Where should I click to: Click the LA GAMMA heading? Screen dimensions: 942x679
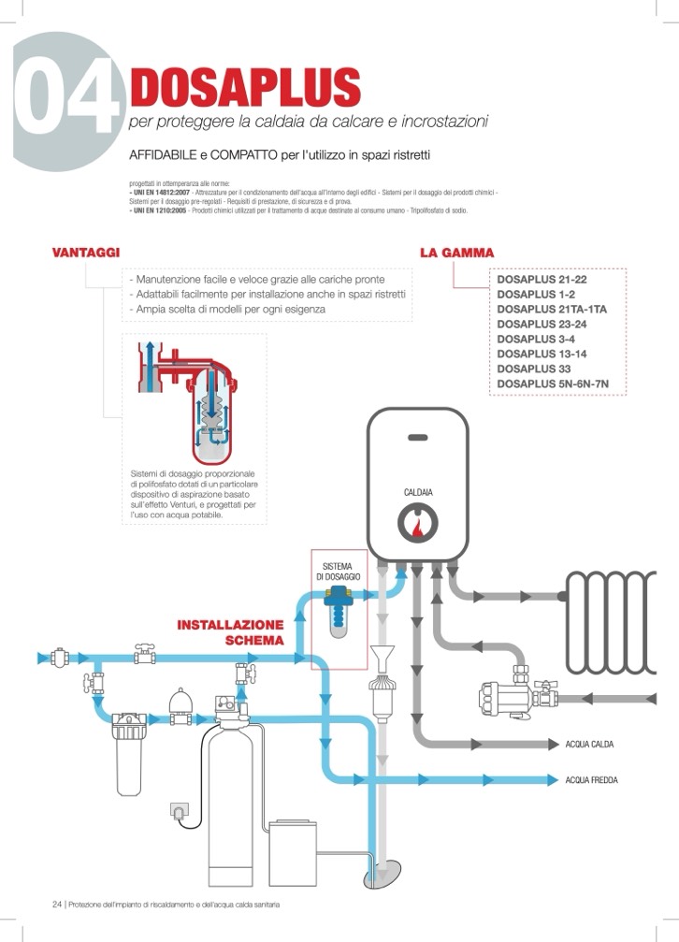[456, 253]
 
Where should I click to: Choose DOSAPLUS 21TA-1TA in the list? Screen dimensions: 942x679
[552, 309]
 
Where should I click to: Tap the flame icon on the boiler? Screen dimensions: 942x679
[417, 527]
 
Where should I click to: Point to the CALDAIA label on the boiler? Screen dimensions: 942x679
[417, 492]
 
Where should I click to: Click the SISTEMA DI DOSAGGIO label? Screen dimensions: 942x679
[340, 572]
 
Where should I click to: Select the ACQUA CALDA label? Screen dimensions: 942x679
[590, 745]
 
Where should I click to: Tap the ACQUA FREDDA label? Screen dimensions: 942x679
[592, 780]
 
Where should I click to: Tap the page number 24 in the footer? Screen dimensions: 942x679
[56, 905]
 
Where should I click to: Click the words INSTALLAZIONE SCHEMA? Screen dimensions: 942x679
[231, 632]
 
